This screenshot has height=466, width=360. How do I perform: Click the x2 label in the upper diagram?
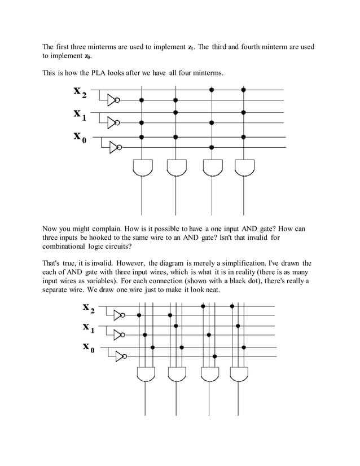tap(80, 91)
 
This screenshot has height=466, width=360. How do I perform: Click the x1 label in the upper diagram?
tap(80, 115)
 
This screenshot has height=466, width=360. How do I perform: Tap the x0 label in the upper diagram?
tap(80, 137)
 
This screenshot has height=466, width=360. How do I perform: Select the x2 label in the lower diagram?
tap(89, 309)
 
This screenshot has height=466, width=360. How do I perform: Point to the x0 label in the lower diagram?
tap(89, 347)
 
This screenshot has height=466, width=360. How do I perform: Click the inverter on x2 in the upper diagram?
tap(115, 100)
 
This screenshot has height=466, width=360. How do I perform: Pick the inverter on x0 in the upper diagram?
tap(115, 147)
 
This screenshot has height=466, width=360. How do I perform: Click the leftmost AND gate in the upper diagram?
tap(142, 168)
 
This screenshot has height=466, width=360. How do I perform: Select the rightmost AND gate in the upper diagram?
tap(244, 168)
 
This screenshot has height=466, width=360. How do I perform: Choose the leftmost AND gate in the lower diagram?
tap(147, 375)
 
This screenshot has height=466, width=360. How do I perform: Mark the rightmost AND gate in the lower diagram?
tap(237, 375)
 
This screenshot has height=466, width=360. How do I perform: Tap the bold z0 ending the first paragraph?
tap(87, 57)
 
